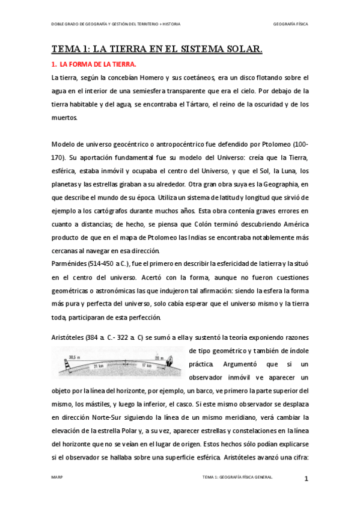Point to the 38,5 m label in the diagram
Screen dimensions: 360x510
click(75, 357)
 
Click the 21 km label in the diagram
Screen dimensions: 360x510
click(98, 364)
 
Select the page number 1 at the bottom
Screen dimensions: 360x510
click(306, 479)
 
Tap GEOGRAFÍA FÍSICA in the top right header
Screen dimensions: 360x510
click(290, 24)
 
